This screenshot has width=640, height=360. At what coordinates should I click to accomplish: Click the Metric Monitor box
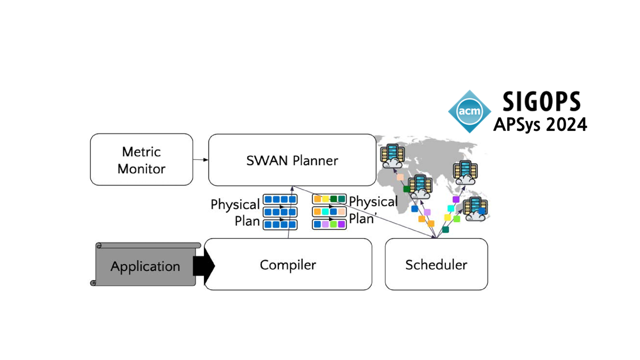(141, 159)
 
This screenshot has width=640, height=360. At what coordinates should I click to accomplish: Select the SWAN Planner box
(292, 160)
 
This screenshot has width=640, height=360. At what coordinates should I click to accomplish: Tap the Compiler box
(288, 264)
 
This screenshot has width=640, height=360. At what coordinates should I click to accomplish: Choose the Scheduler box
(436, 264)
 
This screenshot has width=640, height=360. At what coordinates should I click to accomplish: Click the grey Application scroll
(145, 265)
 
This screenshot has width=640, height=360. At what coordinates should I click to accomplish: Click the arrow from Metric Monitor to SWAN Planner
(200, 160)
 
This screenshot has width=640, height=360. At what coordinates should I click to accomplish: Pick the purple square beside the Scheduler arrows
(456, 199)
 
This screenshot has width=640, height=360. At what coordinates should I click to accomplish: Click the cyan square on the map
(451, 208)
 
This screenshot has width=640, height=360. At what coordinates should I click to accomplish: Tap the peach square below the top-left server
(400, 177)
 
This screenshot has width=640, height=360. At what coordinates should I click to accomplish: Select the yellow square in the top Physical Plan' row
(325, 199)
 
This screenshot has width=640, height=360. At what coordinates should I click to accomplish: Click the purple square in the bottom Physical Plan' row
(341, 224)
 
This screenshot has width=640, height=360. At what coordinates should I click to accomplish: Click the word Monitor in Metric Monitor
(141, 169)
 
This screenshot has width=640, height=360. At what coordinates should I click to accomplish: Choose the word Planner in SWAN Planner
(315, 160)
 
